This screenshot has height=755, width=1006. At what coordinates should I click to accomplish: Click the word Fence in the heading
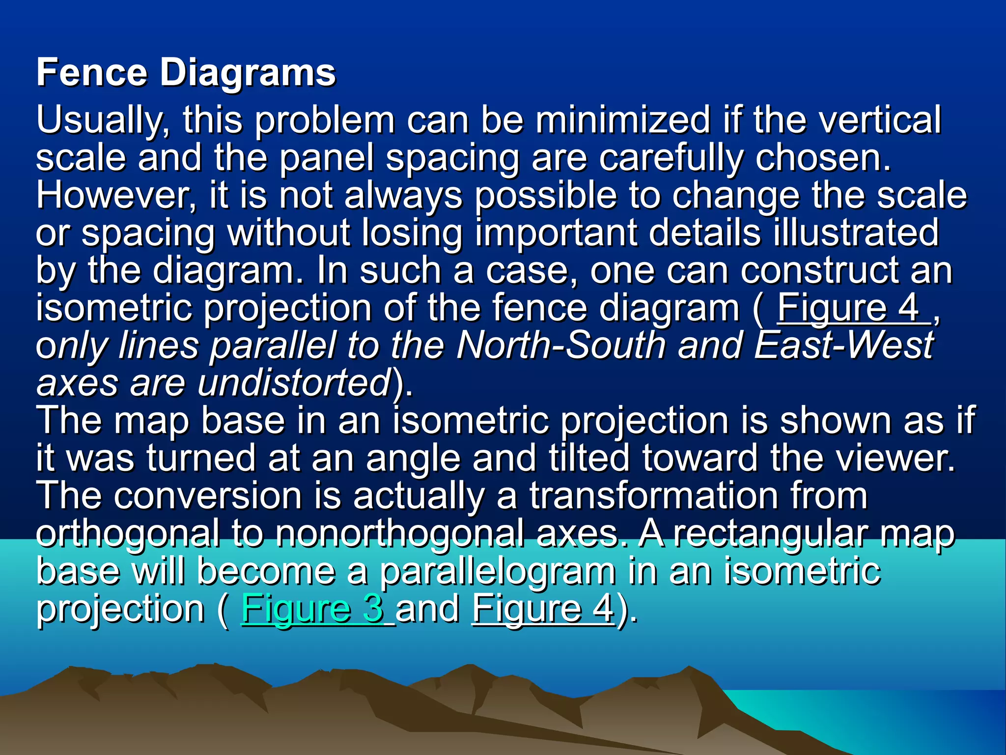[x=92, y=73]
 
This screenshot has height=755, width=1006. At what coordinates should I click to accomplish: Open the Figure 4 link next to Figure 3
[x=543, y=609]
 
